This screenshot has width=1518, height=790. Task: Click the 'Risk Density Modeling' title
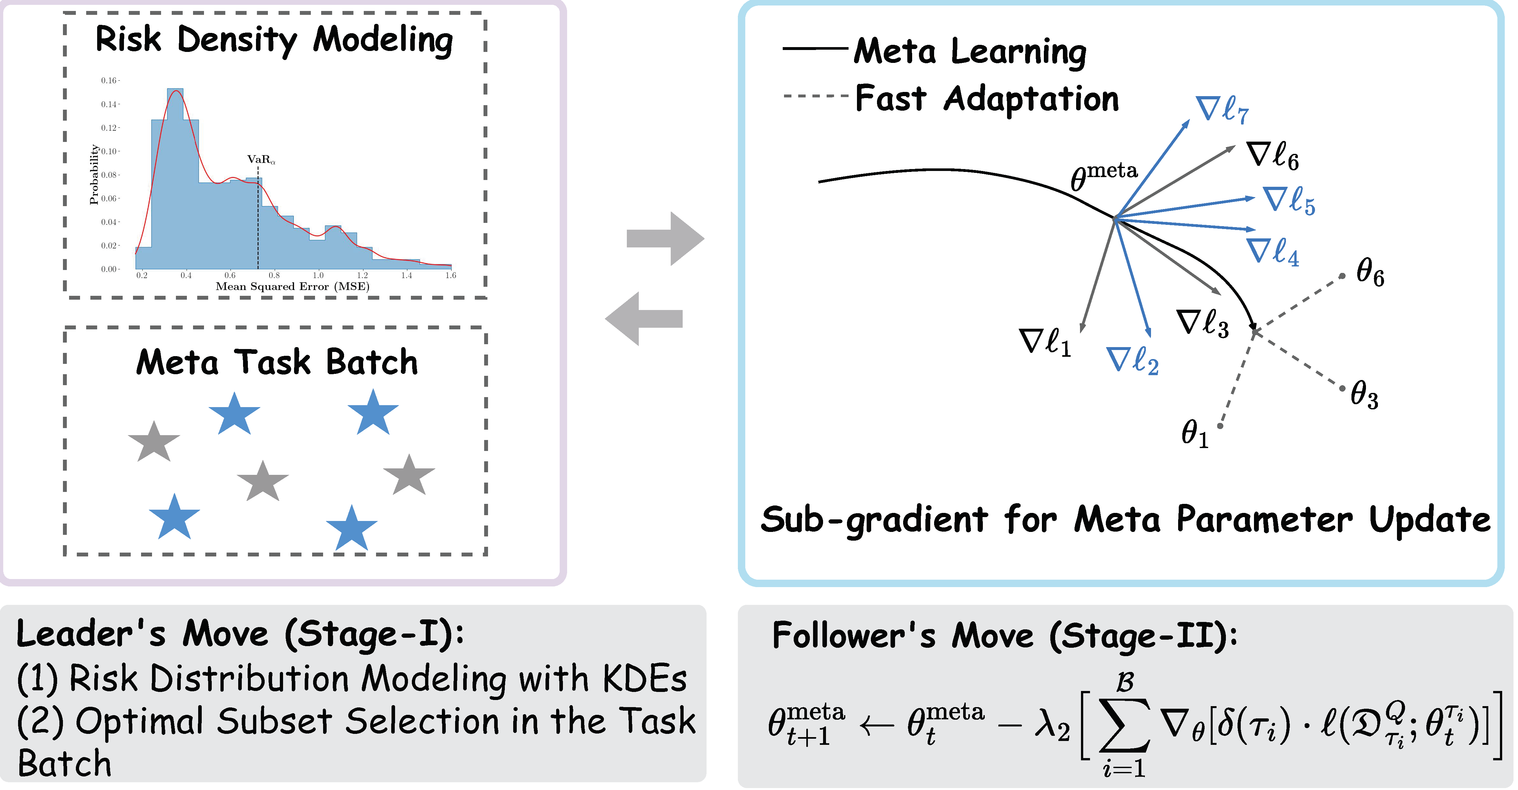pyautogui.click(x=274, y=40)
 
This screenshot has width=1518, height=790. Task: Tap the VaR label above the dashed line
pyautogui.click(x=260, y=160)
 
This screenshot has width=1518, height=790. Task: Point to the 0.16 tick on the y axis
pyautogui.click(x=109, y=81)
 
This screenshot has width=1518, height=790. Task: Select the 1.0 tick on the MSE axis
pyautogui.click(x=318, y=275)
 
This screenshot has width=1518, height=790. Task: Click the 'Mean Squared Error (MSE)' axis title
pyautogui.click(x=292, y=287)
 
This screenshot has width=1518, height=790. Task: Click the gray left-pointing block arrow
pyautogui.click(x=644, y=319)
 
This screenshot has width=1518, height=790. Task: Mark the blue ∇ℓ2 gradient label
pyautogui.click(x=1132, y=361)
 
